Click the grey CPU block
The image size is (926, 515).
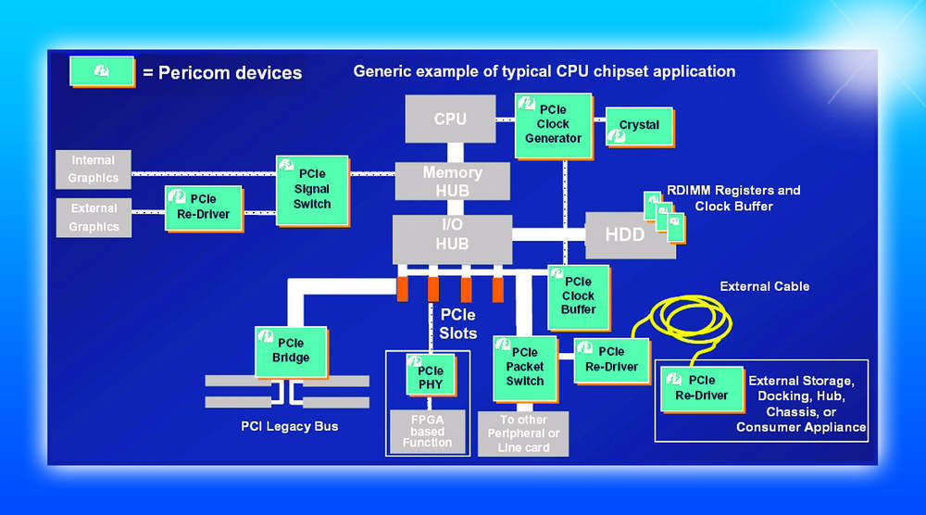(x=451, y=119)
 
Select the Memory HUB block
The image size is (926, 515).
(x=452, y=181)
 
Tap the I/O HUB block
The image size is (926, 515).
(x=452, y=236)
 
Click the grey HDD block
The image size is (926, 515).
(x=625, y=235)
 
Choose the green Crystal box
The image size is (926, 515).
(x=638, y=126)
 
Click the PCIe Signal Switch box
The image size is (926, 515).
(x=311, y=189)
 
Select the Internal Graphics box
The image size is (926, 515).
(x=94, y=169)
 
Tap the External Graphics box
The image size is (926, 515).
(x=94, y=217)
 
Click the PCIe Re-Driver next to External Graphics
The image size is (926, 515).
(x=203, y=207)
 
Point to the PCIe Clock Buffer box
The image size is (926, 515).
(x=578, y=295)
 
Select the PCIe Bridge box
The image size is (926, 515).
(x=291, y=350)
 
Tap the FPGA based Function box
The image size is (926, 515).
(x=428, y=430)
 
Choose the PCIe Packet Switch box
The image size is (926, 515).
(x=524, y=367)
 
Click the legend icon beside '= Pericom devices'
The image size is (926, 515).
(x=102, y=71)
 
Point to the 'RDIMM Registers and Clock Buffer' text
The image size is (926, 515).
(x=733, y=198)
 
